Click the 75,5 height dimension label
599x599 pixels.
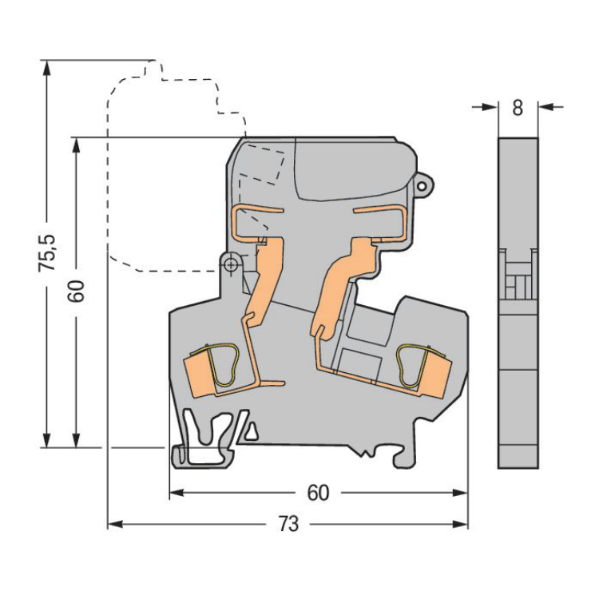[x=47, y=253]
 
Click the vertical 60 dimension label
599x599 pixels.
[x=77, y=292]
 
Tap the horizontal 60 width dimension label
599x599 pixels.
[x=318, y=494]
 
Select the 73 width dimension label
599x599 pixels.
[x=288, y=524]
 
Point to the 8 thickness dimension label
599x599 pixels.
[x=518, y=108]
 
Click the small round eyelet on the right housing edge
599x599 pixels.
[x=422, y=186]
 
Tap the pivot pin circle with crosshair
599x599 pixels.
[x=230, y=264]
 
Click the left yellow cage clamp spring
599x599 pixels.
[x=224, y=366]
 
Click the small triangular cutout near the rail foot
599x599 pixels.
[x=252, y=431]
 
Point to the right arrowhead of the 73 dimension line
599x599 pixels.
[x=460, y=524]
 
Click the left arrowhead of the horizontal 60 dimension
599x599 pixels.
[x=177, y=494]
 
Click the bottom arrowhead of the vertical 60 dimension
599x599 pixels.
[x=77, y=439]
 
